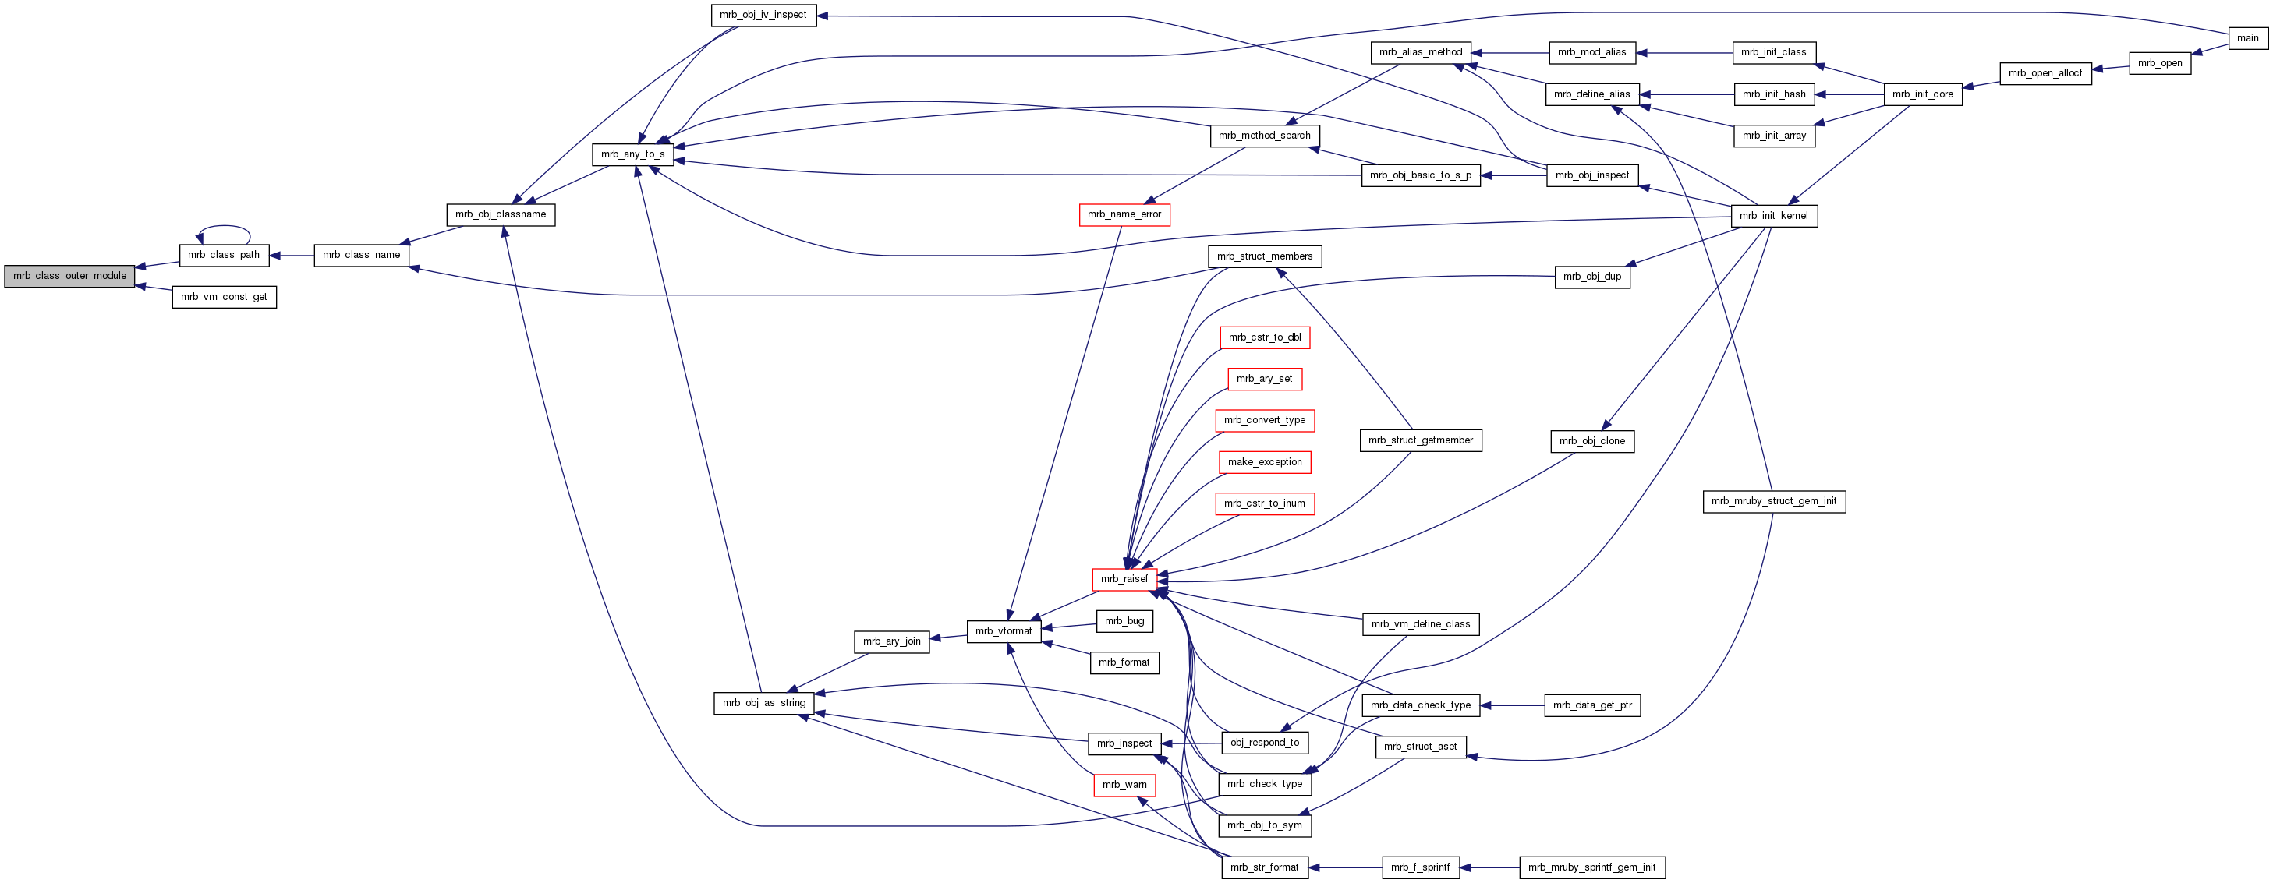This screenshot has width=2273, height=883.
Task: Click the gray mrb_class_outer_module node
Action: click(x=69, y=276)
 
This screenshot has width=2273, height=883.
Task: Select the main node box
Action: click(x=2247, y=38)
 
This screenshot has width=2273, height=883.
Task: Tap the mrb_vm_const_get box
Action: click(x=224, y=297)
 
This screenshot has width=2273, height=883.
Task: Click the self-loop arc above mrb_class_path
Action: click(x=224, y=228)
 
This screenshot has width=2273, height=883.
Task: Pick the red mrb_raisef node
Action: click(x=1124, y=580)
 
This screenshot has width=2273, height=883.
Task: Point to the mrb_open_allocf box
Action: click(x=2045, y=73)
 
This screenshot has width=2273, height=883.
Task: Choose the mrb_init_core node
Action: click(x=1922, y=94)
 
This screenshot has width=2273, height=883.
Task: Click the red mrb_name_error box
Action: click(x=1124, y=214)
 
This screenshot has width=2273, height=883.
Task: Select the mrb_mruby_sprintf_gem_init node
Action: click(x=1591, y=868)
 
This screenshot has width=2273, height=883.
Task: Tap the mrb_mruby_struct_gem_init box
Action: click(x=1774, y=502)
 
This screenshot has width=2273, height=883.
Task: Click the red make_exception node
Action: click(x=1265, y=462)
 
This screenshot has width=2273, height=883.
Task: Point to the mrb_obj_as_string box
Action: click(x=764, y=703)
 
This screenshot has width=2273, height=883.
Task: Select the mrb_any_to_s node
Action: click(x=632, y=154)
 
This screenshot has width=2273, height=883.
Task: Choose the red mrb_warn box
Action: click(x=1124, y=785)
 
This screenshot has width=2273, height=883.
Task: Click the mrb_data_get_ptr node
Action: click(x=1591, y=705)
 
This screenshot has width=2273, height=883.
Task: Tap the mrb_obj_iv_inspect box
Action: click(x=763, y=15)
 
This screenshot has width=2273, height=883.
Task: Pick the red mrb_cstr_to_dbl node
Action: click(x=1265, y=338)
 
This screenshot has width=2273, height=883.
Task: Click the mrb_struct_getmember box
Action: click(x=1420, y=441)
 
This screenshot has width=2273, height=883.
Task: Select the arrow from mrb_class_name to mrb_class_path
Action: click(x=291, y=256)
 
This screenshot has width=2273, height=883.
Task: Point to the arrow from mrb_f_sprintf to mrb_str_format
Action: click(x=1345, y=868)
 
